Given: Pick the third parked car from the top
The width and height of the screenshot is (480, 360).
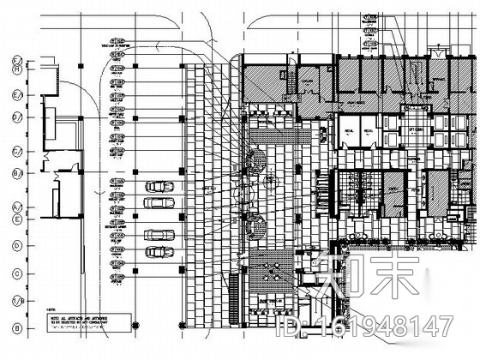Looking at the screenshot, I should pyautogui.click(x=159, y=234).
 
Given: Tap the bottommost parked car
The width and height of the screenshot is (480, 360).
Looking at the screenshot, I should pyautogui.click(x=159, y=251).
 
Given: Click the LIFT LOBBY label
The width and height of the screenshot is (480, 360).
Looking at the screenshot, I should pyautogui.click(x=417, y=129).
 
